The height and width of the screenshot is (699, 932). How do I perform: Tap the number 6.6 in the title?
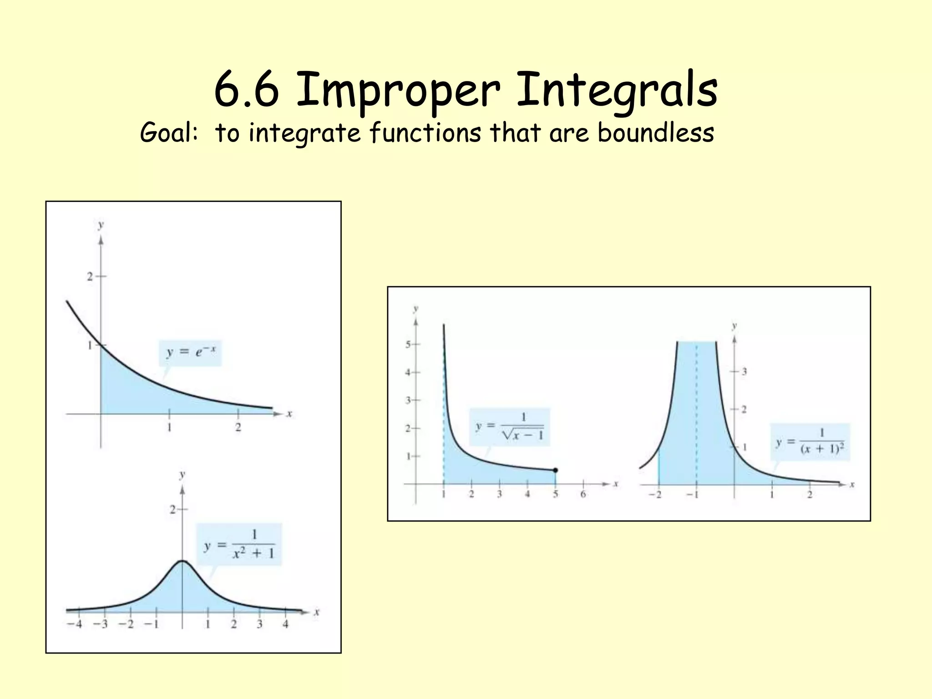[246, 90]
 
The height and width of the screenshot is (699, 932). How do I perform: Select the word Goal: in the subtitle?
[169, 133]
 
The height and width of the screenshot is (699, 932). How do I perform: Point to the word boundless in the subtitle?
[655, 132]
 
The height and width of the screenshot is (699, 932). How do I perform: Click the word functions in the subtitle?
[425, 132]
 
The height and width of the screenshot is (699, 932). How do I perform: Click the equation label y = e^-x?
[190, 352]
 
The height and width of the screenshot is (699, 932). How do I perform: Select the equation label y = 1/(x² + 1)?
[239, 544]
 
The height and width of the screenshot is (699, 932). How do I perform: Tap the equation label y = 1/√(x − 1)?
[510, 426]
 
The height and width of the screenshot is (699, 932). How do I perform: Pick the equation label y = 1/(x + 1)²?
[810, 442]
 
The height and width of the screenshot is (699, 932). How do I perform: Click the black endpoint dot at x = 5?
[555, 470]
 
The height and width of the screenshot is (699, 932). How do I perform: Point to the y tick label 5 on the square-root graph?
[408, 344]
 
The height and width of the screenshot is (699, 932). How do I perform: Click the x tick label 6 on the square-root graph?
[583, 495]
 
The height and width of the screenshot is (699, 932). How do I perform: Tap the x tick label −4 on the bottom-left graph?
[75, 624]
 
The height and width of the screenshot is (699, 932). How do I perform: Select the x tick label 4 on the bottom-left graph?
[285, 624]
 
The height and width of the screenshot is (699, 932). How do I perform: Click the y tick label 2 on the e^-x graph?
[90, 276]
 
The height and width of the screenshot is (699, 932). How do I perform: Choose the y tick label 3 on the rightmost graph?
[744, 371]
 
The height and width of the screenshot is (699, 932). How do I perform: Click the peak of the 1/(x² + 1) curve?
[182, 561]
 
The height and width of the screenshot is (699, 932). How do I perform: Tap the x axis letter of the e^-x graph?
[289, 414]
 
